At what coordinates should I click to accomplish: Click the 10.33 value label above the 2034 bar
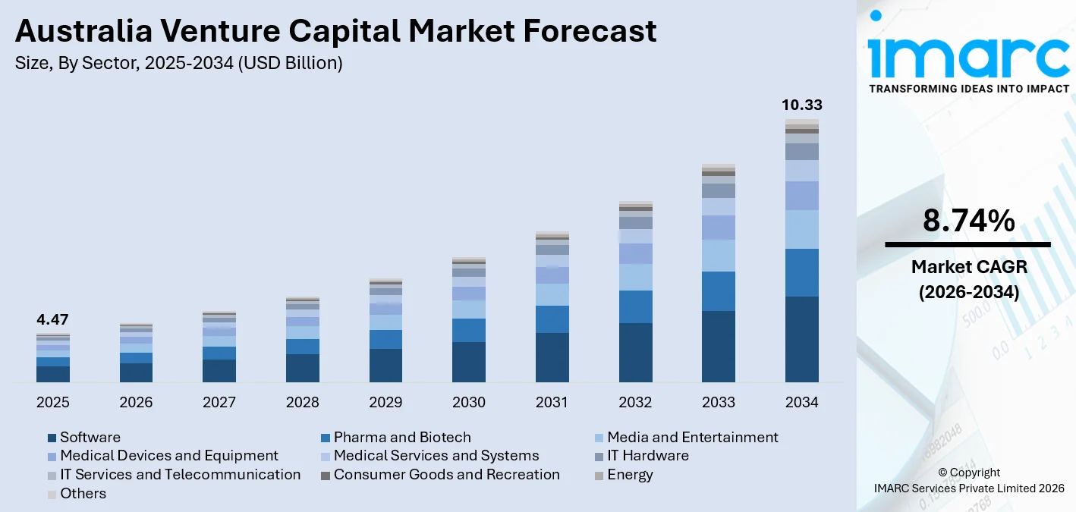pos(802,105)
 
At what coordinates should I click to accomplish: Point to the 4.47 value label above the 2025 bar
pos(52,319)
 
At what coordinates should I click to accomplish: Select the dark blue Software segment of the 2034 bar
pos(802,338)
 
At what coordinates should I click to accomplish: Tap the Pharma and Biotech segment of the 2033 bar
pos(719,291)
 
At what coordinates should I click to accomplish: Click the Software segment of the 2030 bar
pos(469,362)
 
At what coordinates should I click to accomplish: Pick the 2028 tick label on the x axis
pos(302,402)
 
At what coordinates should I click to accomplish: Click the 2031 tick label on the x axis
pos(552,402)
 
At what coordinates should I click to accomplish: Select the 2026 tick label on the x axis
pos(136,402)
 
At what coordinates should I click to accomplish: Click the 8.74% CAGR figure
pos(968,221)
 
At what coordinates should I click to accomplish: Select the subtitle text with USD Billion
pos(178,64)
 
